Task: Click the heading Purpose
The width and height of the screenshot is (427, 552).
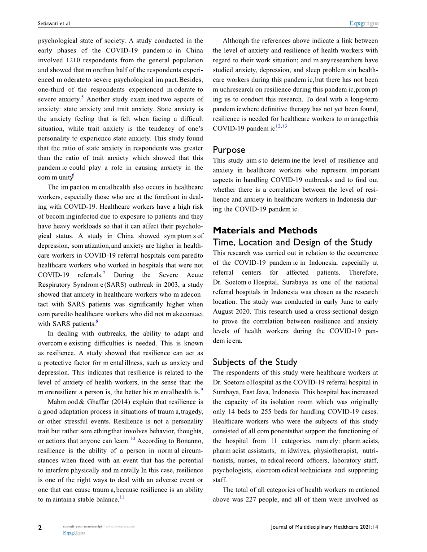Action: [229, 150]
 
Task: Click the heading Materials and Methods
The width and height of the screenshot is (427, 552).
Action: [265, 230]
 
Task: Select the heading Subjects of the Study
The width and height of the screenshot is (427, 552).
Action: [255, 362]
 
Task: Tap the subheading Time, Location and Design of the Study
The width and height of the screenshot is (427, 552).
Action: [292, 242]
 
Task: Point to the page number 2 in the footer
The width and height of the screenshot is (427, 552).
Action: [40, 528]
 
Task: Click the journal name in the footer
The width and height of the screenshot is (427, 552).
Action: [325, 527]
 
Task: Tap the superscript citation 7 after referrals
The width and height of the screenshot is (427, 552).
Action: [104, 272]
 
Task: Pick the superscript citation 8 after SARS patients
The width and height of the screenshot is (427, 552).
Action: [97, 321]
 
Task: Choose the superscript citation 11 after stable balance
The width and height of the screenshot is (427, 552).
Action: [122, 497]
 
